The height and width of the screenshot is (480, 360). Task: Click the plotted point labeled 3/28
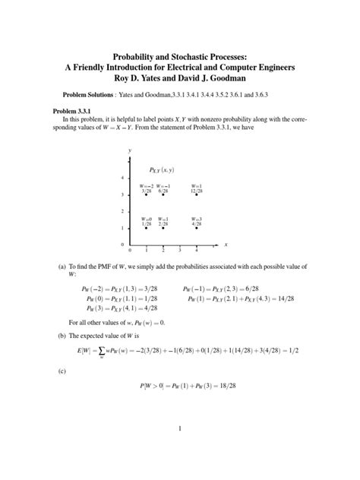(147, 195)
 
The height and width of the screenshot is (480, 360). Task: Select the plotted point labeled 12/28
(197, 195)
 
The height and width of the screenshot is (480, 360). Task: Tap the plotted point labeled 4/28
(197, 228)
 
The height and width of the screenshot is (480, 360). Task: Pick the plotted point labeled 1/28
(147, 228)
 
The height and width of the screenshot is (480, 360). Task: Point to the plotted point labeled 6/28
(163, 195)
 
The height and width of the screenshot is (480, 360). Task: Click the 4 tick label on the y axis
(122, 178)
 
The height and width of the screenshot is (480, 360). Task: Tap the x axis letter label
(226, 245)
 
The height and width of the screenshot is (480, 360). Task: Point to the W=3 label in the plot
(197, 219)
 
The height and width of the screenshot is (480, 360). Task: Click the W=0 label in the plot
(146, 219)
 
